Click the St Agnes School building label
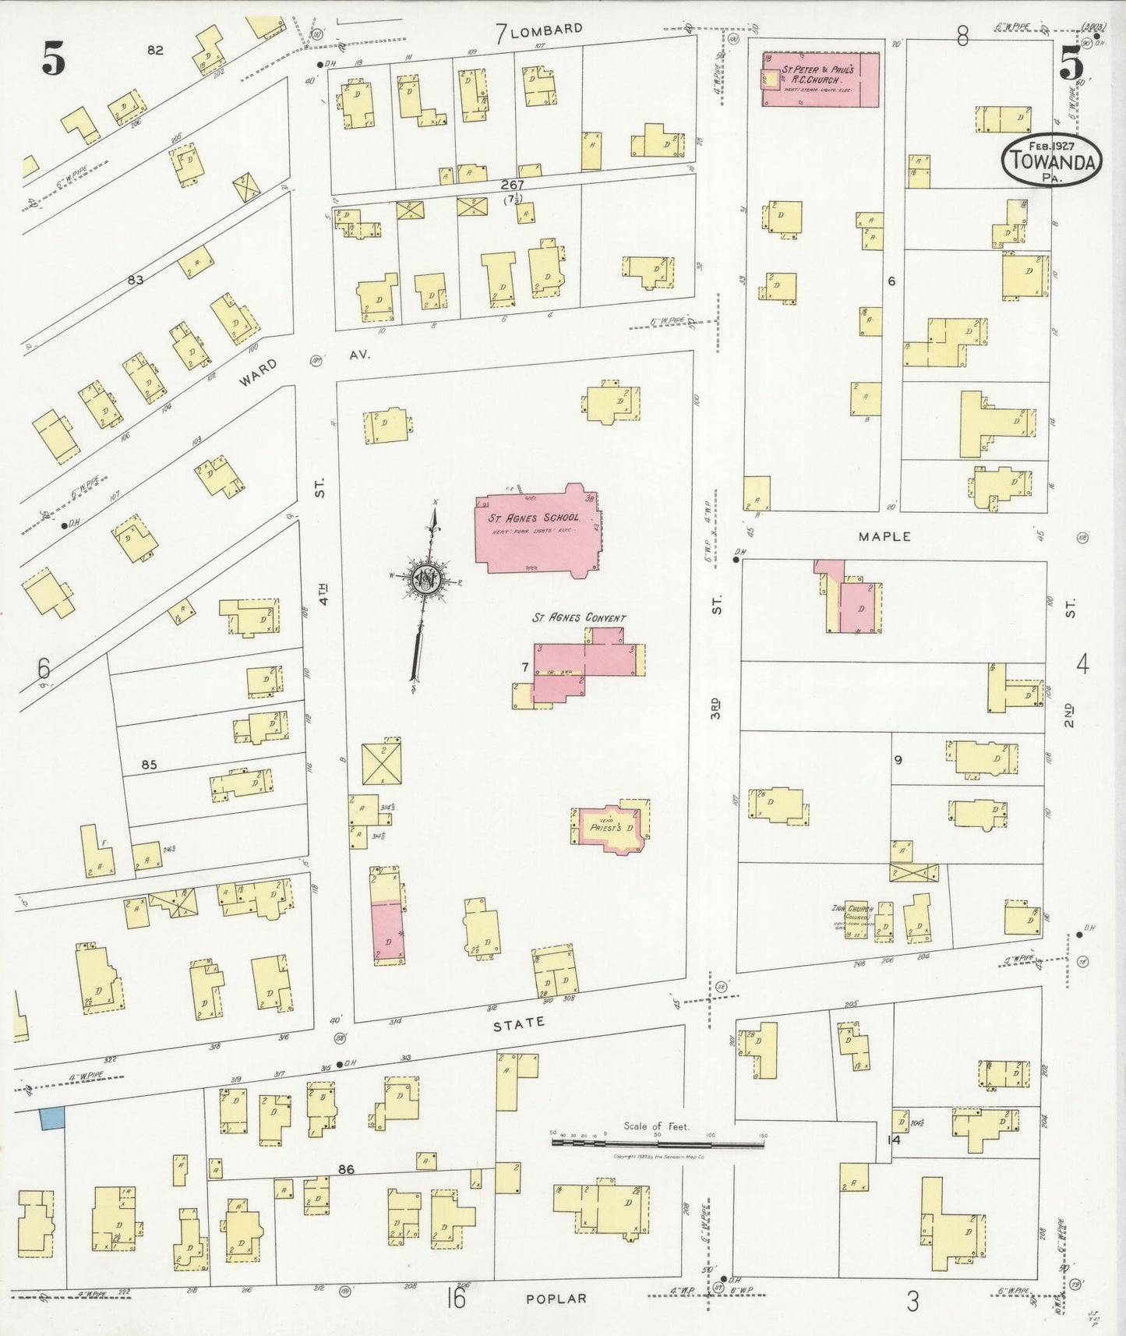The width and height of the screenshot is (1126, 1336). [x=534, y=518]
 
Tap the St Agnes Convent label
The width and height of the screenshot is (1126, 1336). [x=578, y=618]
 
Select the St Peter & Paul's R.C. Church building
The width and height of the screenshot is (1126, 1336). [x=820, y=79]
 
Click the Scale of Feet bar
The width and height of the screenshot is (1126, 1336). [x=658, y=1143]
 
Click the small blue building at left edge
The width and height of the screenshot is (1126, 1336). [x=52, y=1119]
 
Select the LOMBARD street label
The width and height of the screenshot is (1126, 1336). [x=546, y=30]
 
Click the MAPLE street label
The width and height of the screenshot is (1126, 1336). [x=884, y=536]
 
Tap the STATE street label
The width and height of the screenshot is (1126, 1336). [x=519, y=1023]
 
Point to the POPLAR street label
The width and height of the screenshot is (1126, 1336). [x=556, y=1299]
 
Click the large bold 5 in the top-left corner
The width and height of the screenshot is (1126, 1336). [x=53, y=59]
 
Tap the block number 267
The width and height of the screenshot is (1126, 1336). [x=512, y=185]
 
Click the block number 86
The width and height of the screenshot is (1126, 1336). [x=347, y=1169]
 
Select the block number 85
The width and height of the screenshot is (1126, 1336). [x=149, y=765]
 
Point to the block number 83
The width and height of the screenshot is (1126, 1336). [x=136, y=279]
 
